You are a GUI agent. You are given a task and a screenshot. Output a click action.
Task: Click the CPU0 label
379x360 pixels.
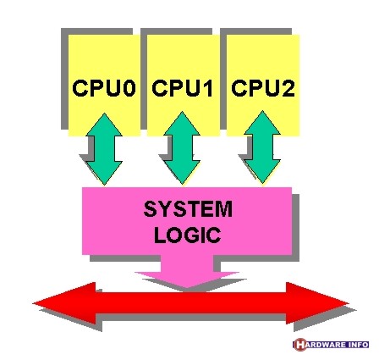pyautogui.click(x=104, y=88)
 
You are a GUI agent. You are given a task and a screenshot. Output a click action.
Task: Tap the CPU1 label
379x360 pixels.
pyautogui.click(x=183, y=88)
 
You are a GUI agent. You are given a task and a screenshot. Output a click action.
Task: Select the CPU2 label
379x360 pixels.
pyautogui.click(x=263, y=88)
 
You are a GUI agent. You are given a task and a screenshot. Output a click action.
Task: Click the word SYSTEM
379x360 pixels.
pyautogui.click(x=188, y=209)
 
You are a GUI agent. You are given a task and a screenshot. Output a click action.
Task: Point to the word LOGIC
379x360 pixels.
pyautogui.click(x=187, y=235)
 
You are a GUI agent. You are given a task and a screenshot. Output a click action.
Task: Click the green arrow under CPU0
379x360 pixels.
pyautogui.click(x=104, y=149)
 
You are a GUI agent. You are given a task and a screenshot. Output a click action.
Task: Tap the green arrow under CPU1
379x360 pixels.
pyautogui.click(x=182, y=148)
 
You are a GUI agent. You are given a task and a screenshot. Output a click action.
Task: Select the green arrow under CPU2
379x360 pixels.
pyautogui.click(x=262, y=147)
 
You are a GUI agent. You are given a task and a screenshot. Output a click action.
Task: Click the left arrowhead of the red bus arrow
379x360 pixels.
pyautogui.click(x=65, y=303)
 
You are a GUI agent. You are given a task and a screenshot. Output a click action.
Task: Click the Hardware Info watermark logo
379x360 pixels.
pyautogui.click(x=331, y=345)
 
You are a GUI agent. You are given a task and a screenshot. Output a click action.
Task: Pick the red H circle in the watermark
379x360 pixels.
pyautogui.click(x=299, y=345)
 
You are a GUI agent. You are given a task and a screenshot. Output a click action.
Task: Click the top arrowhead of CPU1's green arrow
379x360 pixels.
pyautogui.click(x=182, y=123)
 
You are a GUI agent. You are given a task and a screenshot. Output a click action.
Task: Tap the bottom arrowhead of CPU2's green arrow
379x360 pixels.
pyautogui.click(x=262, y=172)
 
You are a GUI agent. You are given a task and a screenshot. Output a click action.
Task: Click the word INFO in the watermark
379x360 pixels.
pyautogui.click(x=357, y=345)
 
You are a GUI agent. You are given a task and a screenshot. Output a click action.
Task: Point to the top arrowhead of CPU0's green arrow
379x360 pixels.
pyautogui.click(x=104, y=125)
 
